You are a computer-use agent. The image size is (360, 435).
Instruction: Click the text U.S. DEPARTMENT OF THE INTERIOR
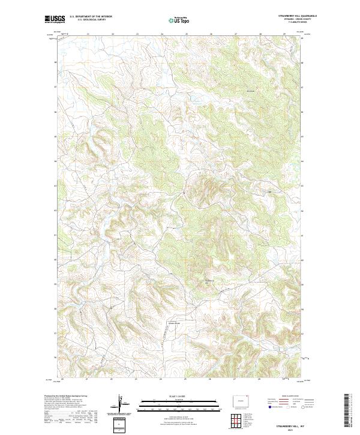coord(91,16)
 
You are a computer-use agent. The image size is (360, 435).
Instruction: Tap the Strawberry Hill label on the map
coord(209,281)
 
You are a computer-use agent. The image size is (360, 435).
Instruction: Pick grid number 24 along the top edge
coord(161,34)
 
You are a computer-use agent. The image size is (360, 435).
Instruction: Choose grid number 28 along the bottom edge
coord(259,379)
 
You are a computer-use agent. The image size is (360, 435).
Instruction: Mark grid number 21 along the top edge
coord(88,34)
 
